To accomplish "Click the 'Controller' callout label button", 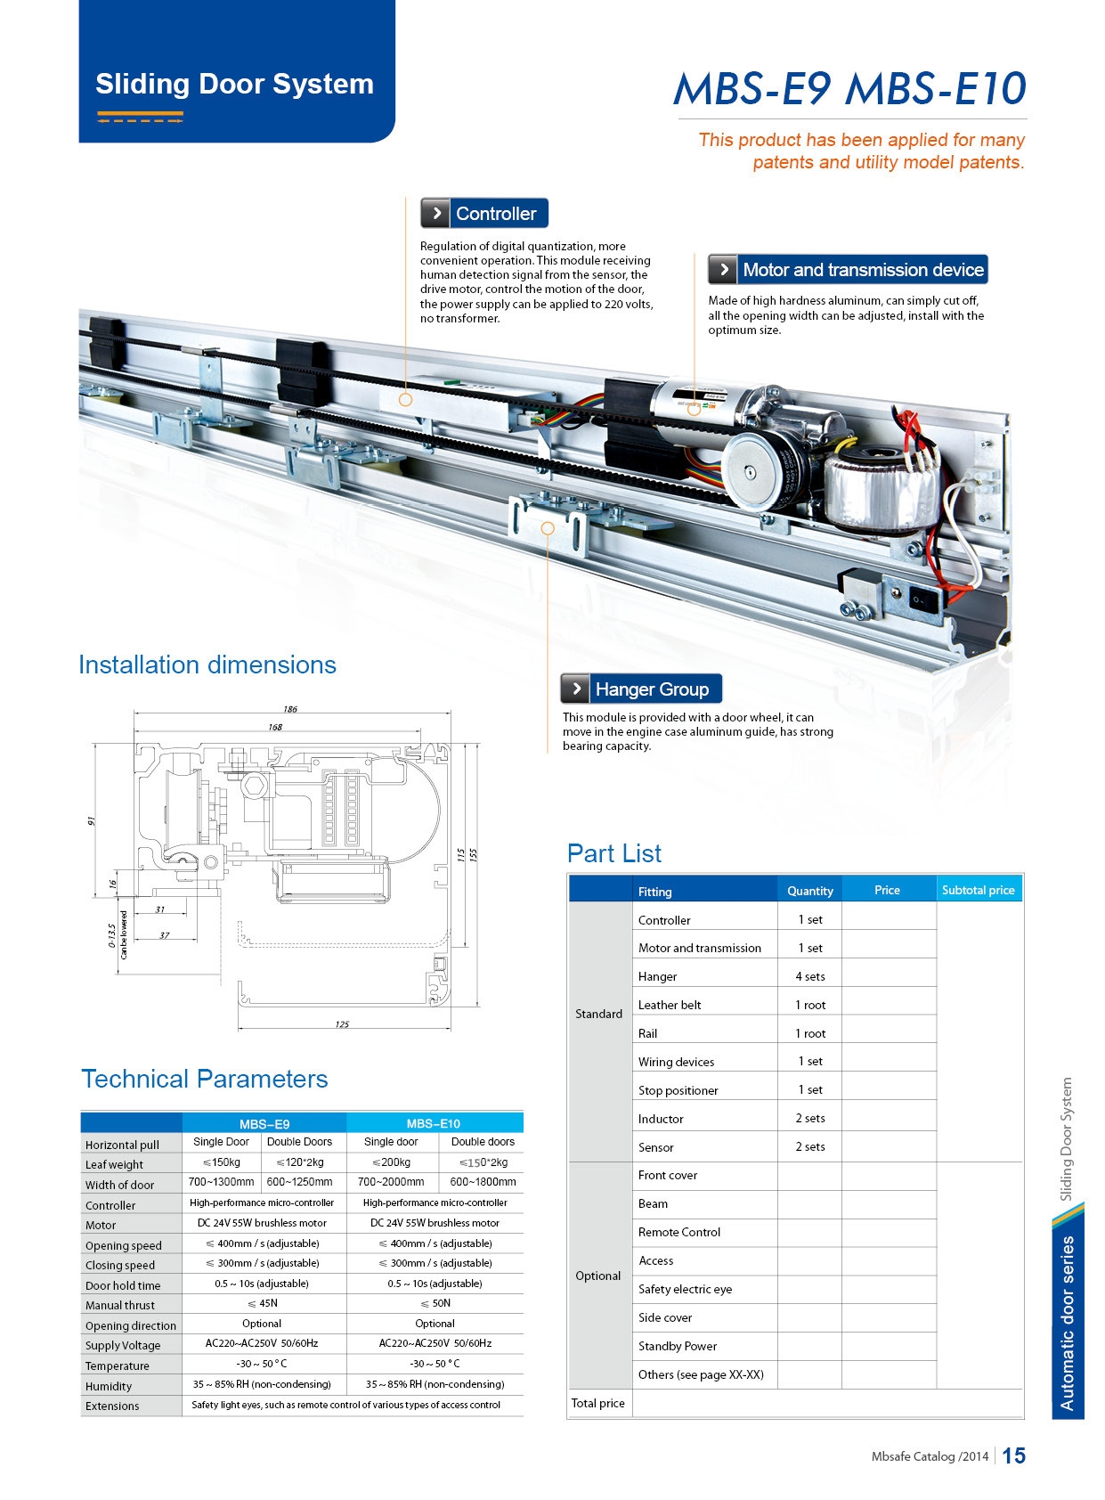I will tap(484, 214).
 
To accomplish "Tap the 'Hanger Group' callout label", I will tap(641, 689).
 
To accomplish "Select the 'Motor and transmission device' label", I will tap(849, 270).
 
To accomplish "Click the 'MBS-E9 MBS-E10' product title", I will tap(849, 88).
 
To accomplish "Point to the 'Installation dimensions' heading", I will tap(207, 665).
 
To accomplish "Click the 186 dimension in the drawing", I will tap(290, 709).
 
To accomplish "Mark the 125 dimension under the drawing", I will tap(342, 1024).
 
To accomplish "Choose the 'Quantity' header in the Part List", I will tap(809, 891).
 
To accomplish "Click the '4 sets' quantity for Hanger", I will tap(809, 976).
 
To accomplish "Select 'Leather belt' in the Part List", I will tap(670, 1005).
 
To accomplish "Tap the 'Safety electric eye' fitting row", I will tap(685, 1289).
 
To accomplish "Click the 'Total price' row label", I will tap(597, 1403).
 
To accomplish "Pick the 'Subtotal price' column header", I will tap(978, 890).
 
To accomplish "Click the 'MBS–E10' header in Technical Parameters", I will tap(434, 1123).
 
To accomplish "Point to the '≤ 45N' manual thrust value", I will tap(263, 1304).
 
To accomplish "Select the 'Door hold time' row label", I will tap(123, 1285).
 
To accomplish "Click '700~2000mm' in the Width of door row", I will tap(391, 1182).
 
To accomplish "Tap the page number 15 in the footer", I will tap(1013, 1455).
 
